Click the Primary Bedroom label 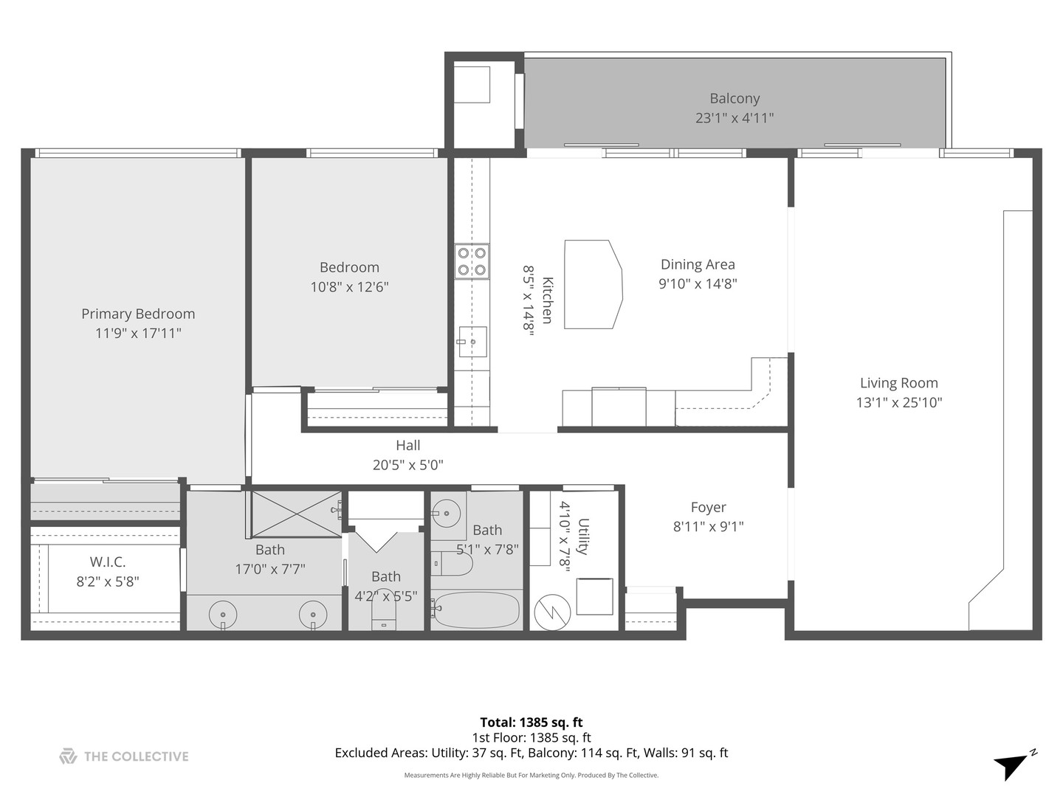(x=138, y=314)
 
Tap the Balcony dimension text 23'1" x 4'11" (x=734, y=117)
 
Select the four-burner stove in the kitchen (x=471, y=261)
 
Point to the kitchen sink (x=472, y=341)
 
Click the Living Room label (x=898, y=383)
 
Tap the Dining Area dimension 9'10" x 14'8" (x=698, y=283)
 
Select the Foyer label (x=708, y=507)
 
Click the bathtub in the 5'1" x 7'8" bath (x=476, y=610)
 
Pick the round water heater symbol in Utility (x=552, y=613)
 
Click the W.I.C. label (x=108, y=562)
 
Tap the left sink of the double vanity (x=223, y=613)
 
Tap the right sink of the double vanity (x=313, y=613)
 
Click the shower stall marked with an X (x=295, y=514)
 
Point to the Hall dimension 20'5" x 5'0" (x=407, y=465)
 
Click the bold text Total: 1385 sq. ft (x=531, y=722)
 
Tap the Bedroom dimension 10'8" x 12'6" (x=349, y=286)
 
